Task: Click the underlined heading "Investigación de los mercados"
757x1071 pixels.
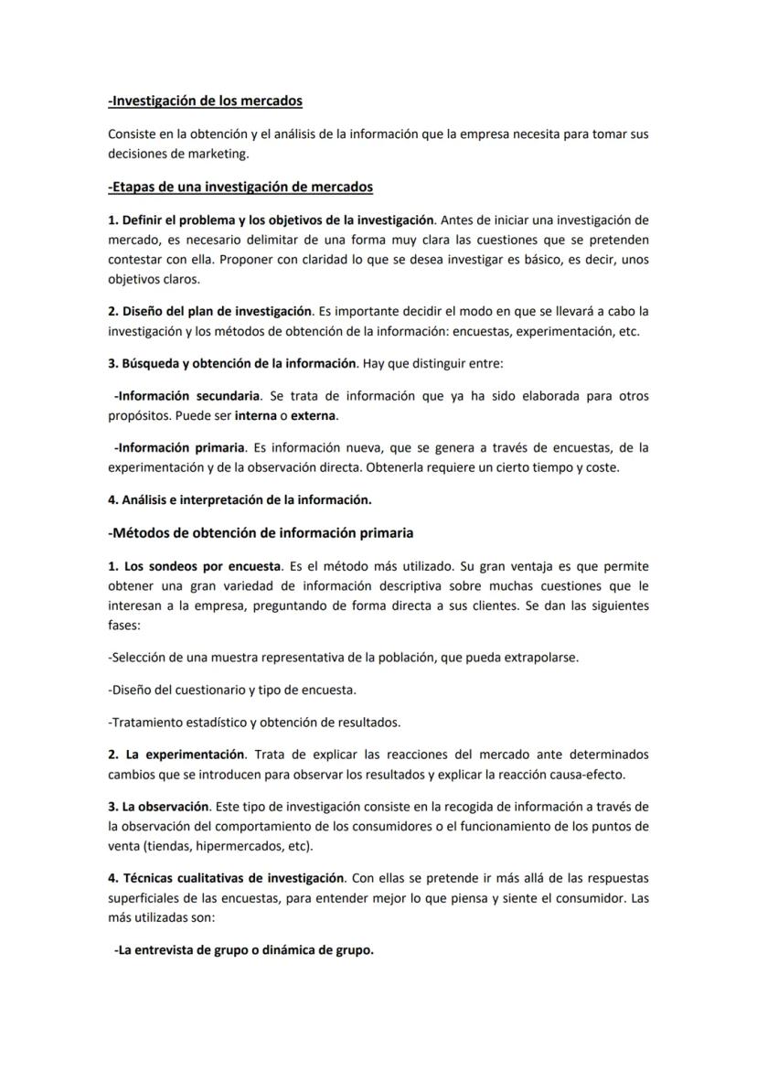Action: [x=205, y=101]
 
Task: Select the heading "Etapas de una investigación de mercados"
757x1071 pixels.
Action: [x=240, y=187]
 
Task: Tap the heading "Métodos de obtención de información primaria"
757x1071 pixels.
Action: [x=261, y=532]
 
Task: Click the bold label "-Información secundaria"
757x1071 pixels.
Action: [x=187, y=396]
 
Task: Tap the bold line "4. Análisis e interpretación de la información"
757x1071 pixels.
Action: [x=240, y=500]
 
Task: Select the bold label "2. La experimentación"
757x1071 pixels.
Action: [x=176, y=755]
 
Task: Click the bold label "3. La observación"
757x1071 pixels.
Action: [x=159, y=807]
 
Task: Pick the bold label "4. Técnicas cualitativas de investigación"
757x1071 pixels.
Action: [x=226, y=878]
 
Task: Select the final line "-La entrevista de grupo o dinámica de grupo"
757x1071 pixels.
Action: [x=243, y=950]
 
